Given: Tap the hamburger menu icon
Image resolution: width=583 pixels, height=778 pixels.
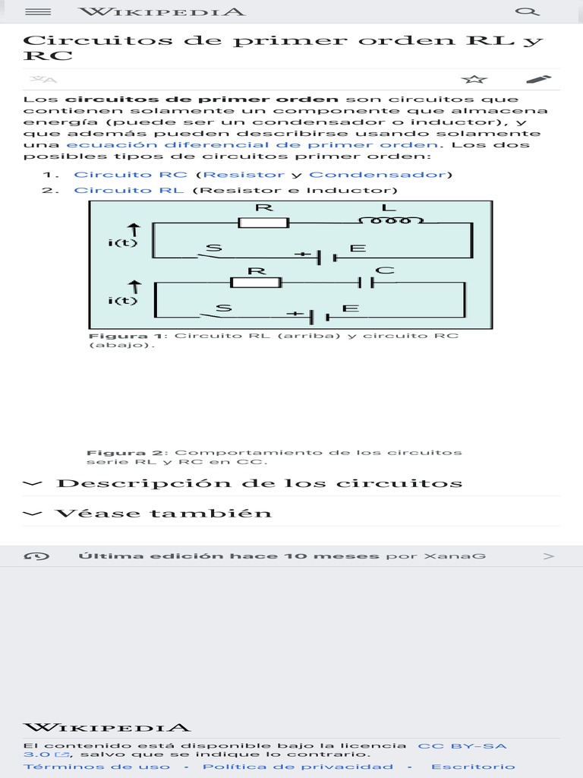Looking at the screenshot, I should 38,12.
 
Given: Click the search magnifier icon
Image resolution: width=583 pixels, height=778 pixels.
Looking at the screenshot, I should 527,12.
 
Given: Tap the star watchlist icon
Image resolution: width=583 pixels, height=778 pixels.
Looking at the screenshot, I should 474,80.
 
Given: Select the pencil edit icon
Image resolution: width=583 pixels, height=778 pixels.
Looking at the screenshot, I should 538,79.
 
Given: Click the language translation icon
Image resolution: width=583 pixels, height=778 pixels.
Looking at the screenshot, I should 43,80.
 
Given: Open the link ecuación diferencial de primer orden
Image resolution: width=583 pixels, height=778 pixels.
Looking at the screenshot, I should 252,144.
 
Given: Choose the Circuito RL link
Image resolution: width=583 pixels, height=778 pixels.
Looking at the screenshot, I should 128,190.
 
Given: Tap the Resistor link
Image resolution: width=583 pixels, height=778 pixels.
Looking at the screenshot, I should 240,175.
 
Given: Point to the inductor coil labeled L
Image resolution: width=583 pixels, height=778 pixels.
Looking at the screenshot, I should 389,220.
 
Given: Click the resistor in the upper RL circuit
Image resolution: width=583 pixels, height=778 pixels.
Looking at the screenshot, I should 263,223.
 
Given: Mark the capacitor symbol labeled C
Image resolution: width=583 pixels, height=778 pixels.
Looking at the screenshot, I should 367,283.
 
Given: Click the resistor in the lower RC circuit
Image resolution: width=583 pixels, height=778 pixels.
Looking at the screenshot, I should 256,283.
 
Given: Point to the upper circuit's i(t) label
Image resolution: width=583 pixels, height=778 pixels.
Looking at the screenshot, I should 123,242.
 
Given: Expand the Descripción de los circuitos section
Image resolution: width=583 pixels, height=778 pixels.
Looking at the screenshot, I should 259,483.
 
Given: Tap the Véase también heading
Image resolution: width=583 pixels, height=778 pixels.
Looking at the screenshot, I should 163,513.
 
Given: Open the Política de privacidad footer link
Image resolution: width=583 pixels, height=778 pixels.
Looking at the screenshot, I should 298,767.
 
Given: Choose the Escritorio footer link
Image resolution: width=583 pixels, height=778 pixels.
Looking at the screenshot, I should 473,767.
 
